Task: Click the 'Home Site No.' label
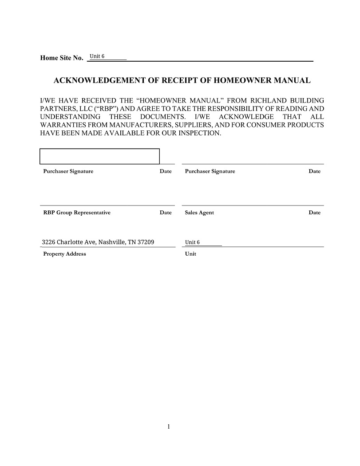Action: point(61,58)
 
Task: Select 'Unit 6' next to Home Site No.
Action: point(97,56)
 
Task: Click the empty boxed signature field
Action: point(99,156)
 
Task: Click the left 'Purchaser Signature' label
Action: point(68,171)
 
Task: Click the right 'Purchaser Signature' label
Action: point(210,171)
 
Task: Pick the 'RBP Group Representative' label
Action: point(76,213)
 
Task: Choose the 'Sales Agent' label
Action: point(199,213)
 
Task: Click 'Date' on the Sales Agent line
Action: point(314,213)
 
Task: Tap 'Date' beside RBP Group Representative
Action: point(166,213)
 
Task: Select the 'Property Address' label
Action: point(64,254)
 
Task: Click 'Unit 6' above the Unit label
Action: point(192,242)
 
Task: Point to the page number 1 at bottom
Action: point(169,427)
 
